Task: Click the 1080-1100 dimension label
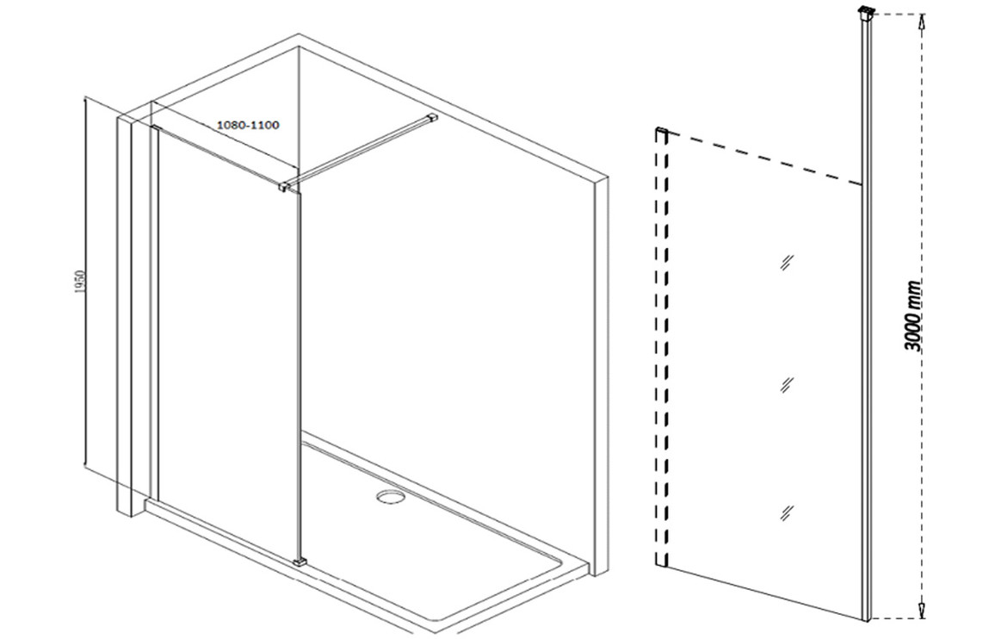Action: click(x=248, y=125)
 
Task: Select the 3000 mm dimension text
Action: click(x=914, y=316)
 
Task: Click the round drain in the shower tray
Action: click(x=388, y=496)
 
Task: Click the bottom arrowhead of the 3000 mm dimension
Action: click(x=922, y=609)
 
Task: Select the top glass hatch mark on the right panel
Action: click(x=788, y=261)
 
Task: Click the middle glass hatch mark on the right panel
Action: click(x=787, y=384)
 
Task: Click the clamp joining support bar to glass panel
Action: click(x=287, y=185)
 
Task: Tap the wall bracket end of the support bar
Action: click(x=434, y=117)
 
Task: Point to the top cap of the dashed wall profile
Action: click(x=661, y=131)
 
